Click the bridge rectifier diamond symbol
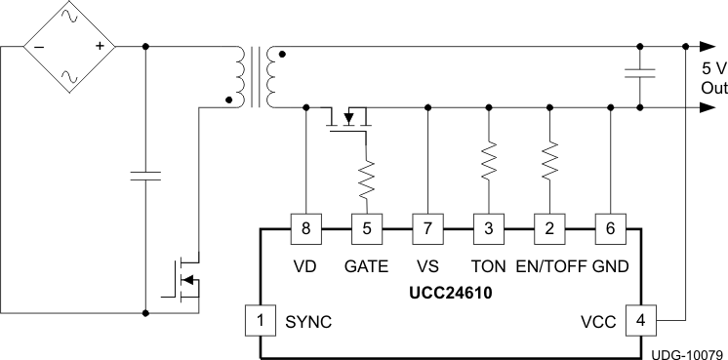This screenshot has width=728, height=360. pos(69,46)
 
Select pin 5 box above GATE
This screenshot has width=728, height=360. pos(367,229)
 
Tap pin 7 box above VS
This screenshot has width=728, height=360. pos(427,229)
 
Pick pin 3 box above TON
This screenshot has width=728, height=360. pos(488,229)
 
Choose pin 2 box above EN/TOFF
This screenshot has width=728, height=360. pos(549,229)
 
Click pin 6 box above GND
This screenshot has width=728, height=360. pos(611,229)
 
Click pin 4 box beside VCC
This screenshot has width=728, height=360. pos(641,320)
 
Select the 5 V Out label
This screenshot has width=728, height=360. pos(713,78)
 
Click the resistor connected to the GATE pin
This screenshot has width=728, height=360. pos(367,178)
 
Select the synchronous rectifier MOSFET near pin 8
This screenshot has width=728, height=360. pos(351,119)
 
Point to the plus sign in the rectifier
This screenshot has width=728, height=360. pos(100,46)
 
